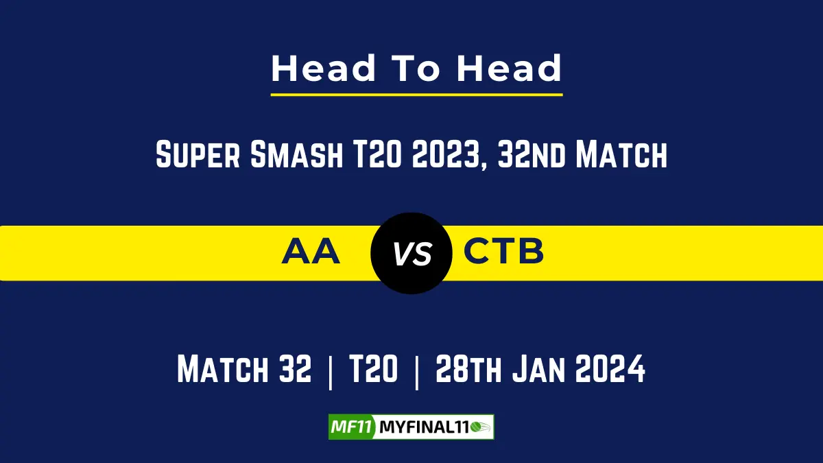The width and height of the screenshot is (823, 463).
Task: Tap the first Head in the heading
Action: click(324, 69)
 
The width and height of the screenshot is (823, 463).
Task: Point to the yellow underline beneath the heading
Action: click(416, 94)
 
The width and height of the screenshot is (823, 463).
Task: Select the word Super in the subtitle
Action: click(198, 156)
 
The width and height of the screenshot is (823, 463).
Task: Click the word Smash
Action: click(296, 156)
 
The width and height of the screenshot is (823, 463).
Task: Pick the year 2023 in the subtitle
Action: click(446, 156)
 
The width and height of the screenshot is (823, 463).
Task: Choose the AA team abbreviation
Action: click(311, 252)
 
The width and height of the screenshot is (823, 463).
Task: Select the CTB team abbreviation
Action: click(504, 252)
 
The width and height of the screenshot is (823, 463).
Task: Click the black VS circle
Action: click(411, 253)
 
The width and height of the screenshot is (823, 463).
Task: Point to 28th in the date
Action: click(468, 370)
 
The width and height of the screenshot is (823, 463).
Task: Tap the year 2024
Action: click(610, 370)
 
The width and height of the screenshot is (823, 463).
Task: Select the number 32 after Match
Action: click(294, 370)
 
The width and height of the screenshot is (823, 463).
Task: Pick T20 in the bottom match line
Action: click(373, 370)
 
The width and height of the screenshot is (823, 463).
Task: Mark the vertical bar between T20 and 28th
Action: click(416, 372)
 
